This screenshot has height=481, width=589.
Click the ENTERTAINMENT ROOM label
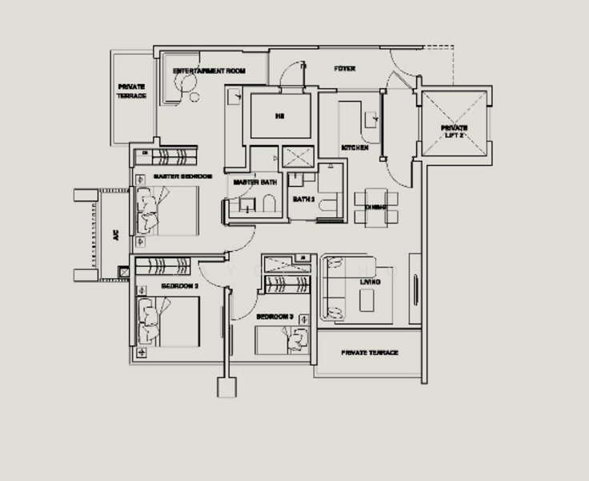(x=209, y=71)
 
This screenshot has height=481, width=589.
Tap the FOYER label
(x=344, y=69)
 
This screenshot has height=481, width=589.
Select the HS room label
(x=279, y=117)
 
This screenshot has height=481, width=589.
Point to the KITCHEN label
(x=355, y=148)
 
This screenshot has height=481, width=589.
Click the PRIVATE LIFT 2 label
(x=453, y=132)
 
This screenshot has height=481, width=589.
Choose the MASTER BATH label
(x=254, y=183)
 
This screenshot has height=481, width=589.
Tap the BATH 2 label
(x=303, y=199)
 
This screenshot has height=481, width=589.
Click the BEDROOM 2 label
(x=179, y=286)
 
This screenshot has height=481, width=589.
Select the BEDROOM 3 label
(x=274, y=317)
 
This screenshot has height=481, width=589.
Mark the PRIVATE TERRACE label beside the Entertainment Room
(x=132, y=91)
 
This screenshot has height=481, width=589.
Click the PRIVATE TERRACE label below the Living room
(x=369, y=353)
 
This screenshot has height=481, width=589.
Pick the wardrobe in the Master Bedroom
(x=170, y=154)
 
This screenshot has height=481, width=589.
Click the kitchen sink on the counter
(x=372, y=119)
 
